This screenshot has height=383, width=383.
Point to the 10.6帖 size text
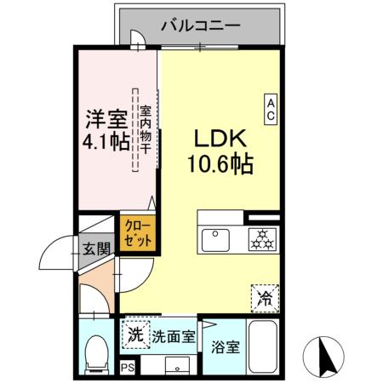[220, 163]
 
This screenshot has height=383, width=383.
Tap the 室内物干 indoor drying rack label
[146, 128]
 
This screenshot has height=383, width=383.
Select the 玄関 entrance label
[95, 249]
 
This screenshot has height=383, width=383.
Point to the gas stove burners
[261, 239]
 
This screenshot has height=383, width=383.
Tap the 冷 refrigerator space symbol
[266, 297]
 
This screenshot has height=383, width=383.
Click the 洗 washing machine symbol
[135, 334]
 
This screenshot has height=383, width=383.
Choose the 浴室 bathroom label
[226, 347]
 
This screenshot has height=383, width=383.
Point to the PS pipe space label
[128, 369]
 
